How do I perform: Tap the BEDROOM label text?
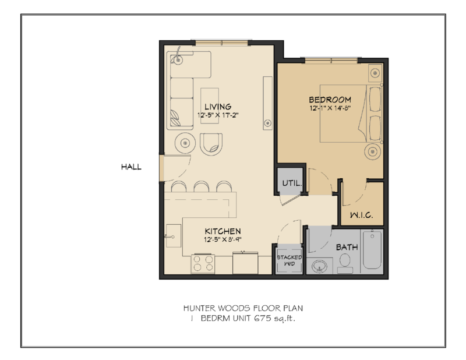[x=330, y=99]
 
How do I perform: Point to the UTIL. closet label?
[x=291, y=183]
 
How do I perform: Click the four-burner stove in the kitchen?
[x=202, y=263]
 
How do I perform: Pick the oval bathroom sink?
[x=318, y=267]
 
